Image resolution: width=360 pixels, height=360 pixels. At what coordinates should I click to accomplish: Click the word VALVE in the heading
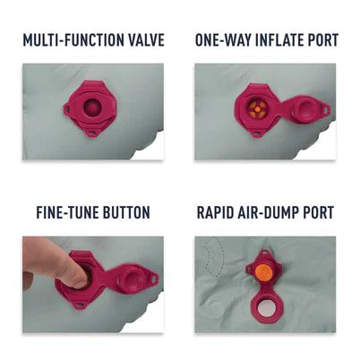point(143,40)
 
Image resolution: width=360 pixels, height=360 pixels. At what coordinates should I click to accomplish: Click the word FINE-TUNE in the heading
point(67,212)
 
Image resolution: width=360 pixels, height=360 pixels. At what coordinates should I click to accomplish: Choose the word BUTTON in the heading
point(126,212)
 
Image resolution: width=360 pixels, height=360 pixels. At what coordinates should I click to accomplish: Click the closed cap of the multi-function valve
point(92,107)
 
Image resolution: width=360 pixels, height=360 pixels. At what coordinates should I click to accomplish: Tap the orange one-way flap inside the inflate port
point(257,109)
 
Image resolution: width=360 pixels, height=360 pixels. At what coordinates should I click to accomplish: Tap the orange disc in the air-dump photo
point(262,272)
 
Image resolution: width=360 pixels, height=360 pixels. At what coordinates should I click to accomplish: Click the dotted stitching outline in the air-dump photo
point(218,257)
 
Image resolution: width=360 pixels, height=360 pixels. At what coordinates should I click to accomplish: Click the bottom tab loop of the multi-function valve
point(93,133)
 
